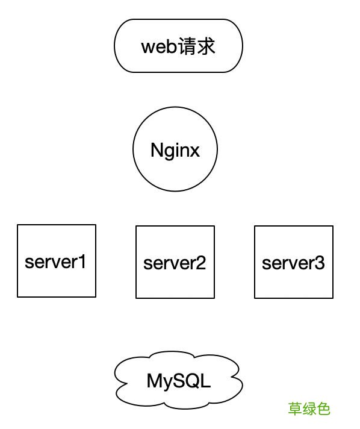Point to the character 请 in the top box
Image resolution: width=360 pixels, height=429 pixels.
click(187, 46)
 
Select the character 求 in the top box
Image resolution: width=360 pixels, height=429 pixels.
click(206, 46)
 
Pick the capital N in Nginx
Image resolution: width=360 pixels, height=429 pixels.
click(157, 150)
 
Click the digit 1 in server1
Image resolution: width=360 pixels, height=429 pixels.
click(83, 261)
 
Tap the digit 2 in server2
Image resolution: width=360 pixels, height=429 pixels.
click(201, 263)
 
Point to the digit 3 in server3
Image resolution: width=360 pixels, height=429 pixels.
click(320, 263)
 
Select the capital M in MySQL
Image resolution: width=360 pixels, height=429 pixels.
click(154, 381)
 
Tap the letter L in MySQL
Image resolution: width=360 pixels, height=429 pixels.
click(206, 381)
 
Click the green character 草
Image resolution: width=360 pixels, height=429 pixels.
click(295, 409)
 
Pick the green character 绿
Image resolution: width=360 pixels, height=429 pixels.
click(309, 409)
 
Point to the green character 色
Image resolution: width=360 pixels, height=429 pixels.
click(324, 409)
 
